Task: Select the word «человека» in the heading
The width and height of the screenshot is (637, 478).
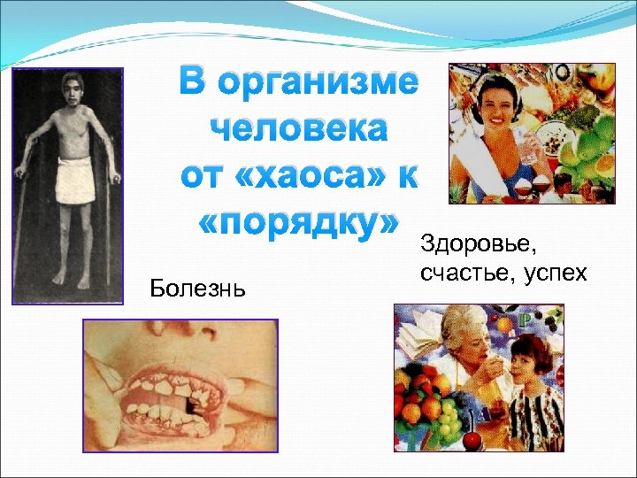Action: tap(299, 129)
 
